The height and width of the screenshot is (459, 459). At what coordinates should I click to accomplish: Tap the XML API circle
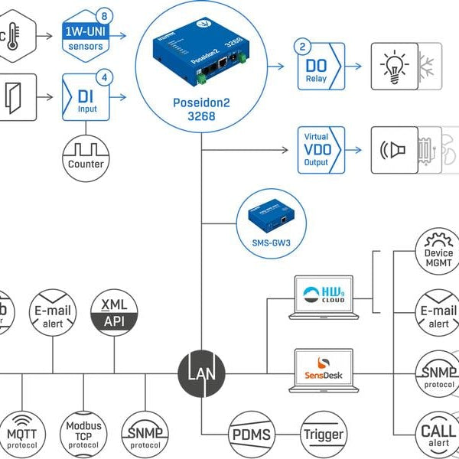114,314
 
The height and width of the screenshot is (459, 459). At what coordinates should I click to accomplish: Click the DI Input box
86,100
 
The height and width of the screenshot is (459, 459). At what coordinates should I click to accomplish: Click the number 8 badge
105,15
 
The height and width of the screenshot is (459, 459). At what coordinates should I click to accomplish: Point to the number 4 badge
105,76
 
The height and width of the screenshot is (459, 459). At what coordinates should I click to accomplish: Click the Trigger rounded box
323,433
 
